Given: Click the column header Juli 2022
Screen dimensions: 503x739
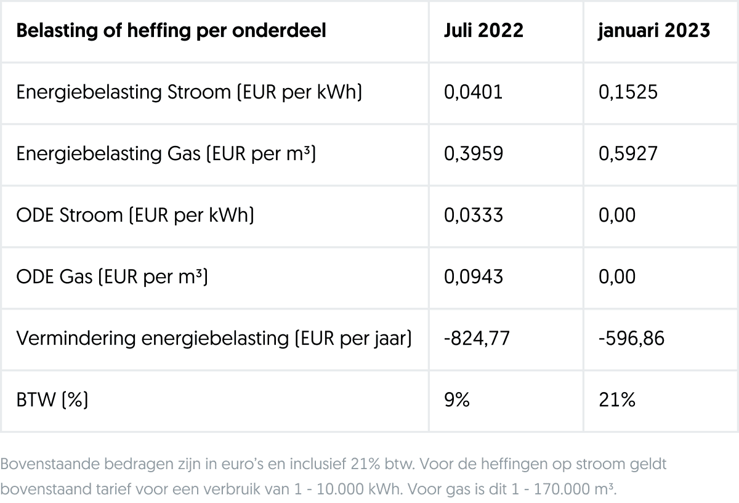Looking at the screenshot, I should pyautogui.click(x=483, y=31).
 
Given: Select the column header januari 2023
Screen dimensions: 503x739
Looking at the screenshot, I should pyautogui.click(x=654, y=31).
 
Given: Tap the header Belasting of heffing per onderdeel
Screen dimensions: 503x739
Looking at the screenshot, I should pyautogui.click(x=171, y=31).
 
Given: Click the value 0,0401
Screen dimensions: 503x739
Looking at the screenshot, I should pyautogui.click(x=473, y=92).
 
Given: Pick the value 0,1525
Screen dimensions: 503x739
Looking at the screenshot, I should pyautogui.click(x=628, y=92).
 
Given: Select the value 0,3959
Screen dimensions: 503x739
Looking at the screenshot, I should pyautogui.click(x=474, y=154).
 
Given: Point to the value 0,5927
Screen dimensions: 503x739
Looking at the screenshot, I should pyautogui.click(x=628, y=154).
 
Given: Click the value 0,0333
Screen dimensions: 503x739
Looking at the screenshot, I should pyautogui.click(x=473, y=215).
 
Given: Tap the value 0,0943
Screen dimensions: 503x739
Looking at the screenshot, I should pyautogui.click(x=473, y=277).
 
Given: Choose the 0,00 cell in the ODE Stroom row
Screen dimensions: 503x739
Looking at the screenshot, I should pyautogui.click(x=616, y=215).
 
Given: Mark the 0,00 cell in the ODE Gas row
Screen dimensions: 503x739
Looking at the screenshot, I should pyautogui.click(x=616, y=277).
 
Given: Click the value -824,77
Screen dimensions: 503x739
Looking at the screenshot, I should pyautogui.click(x=477, y=339).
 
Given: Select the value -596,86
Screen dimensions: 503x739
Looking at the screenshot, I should pyautogui.click(x=631, y=339).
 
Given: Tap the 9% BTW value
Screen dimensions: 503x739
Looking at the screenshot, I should pyautogui.click(x=456, y=400).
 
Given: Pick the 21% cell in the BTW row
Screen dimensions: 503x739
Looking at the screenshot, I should pyautogui.click(x=616, y=400).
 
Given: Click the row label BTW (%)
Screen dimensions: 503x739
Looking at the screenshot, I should pyautogui.click(x=52, y=400).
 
